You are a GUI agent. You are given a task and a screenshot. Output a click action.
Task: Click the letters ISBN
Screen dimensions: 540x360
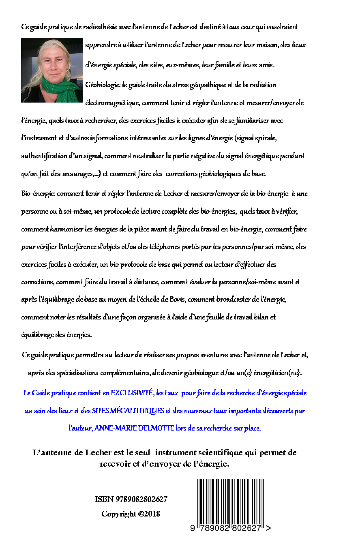pos(104,499)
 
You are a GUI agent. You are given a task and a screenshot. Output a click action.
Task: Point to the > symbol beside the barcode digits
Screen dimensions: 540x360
pos(268,528)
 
